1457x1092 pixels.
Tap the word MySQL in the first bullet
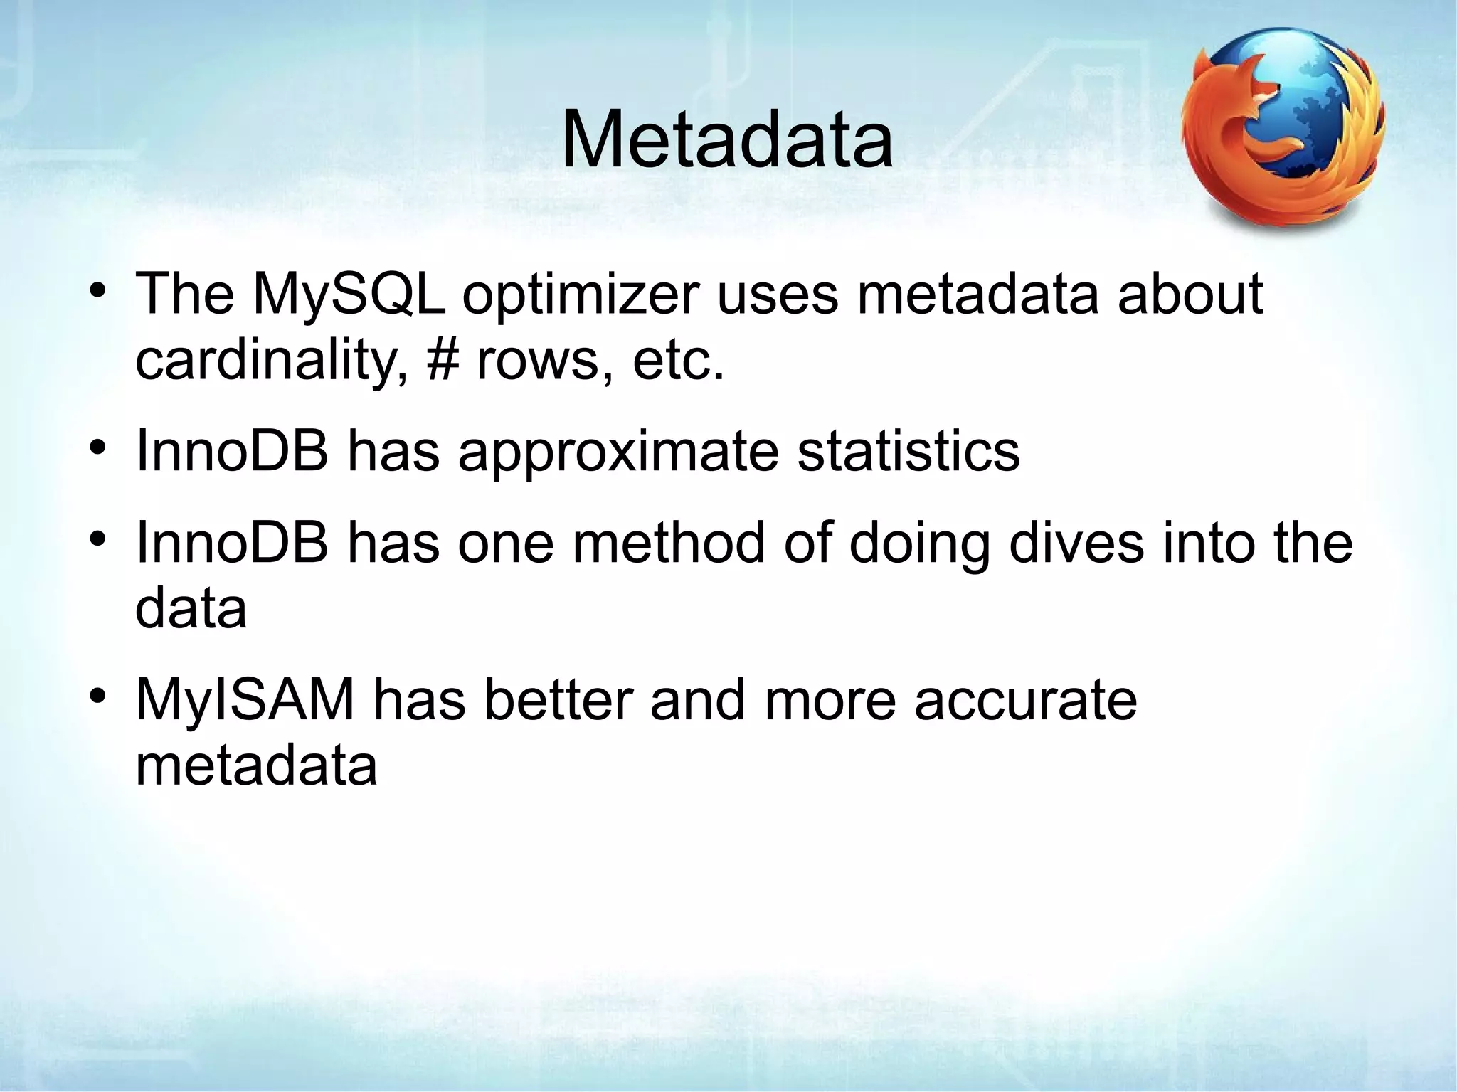tap(348, 295)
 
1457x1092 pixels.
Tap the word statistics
tap(908, 450)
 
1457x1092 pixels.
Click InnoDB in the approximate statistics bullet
tap(232, 450)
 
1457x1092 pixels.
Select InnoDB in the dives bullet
tap(232, 543)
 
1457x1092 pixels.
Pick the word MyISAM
tap(245, 700)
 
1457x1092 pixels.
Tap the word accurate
tap(1025, 700)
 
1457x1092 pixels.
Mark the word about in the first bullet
tap(1190, 295)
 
